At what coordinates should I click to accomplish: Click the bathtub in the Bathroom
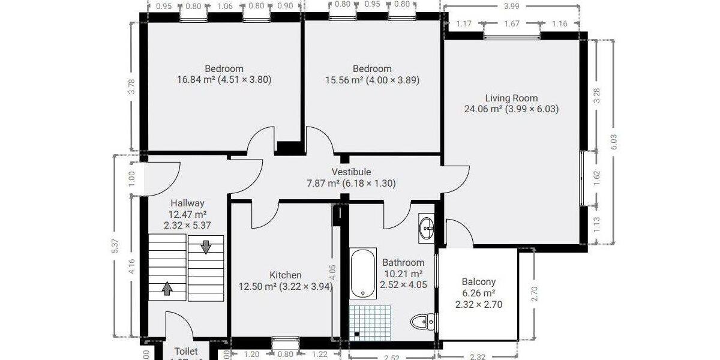(363, 273)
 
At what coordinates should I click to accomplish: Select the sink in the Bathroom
(428, 227)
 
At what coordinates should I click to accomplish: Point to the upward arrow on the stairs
(167, 289)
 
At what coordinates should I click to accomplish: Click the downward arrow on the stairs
(206, 247)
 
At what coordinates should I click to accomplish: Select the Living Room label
(511, 98)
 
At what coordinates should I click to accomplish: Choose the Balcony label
(478, 281)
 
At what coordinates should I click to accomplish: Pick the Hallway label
(187, 203)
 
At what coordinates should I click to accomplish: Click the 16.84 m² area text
(194, 79)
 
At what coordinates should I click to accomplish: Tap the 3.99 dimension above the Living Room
(512, 6)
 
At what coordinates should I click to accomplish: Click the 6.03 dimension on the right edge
(613, 142)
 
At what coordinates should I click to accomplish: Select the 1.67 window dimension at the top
(512, 24)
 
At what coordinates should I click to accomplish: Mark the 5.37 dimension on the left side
(115, 246)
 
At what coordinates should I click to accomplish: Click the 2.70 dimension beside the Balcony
(535, 294)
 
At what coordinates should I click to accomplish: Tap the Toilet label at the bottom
(186, 351)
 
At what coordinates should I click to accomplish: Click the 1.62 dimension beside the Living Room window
(596, 178)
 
